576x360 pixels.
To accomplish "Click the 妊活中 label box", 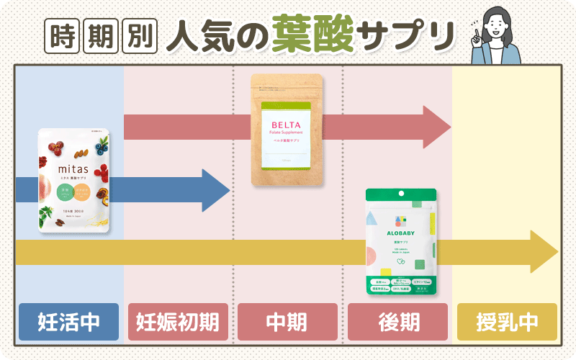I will pos(69,322).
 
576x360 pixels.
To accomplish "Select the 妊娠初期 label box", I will pos(178,322).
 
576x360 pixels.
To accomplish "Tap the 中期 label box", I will pos(287,322).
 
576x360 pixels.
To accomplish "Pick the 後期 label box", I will pos(397,322).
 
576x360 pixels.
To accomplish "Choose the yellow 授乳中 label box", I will pos(507,322).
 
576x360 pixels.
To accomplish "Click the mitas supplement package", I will pos(74,180).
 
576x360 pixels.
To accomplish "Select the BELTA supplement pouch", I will pos(287,130).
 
